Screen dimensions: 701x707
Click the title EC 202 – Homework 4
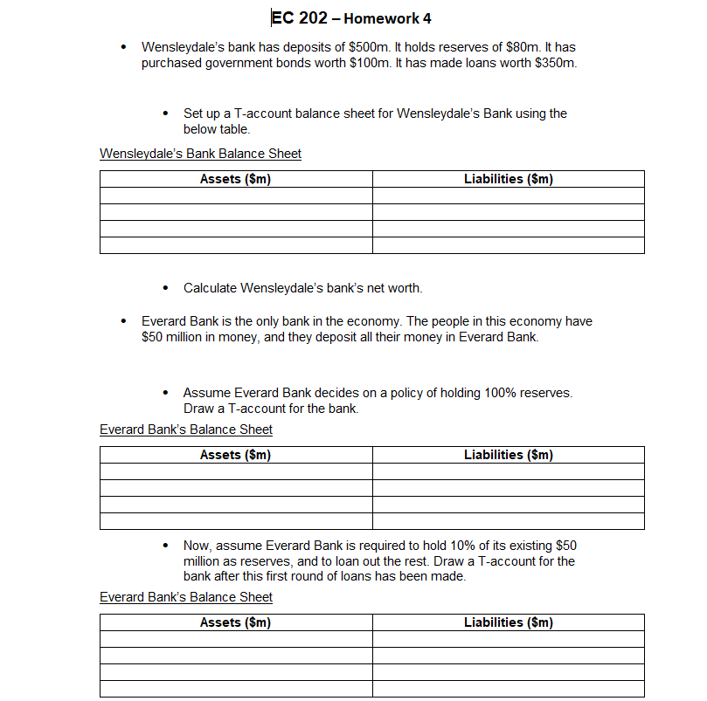pos(351,18)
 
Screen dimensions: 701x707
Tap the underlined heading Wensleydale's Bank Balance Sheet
pos(200,154)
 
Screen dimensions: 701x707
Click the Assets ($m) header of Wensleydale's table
pos(235,179)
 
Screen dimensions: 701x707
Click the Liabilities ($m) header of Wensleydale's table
pos(508,179)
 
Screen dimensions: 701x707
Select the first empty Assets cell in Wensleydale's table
pos(235,196)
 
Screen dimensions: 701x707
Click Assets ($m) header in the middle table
pos(235,455)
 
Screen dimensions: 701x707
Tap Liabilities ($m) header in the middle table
pos(508,455)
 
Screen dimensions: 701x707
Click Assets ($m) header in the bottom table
pos(235,622)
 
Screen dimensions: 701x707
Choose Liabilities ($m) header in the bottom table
pos(508,622)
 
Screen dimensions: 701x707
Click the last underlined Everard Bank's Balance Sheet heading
pos(185,597)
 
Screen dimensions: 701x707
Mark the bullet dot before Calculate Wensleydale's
pos(166,288)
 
